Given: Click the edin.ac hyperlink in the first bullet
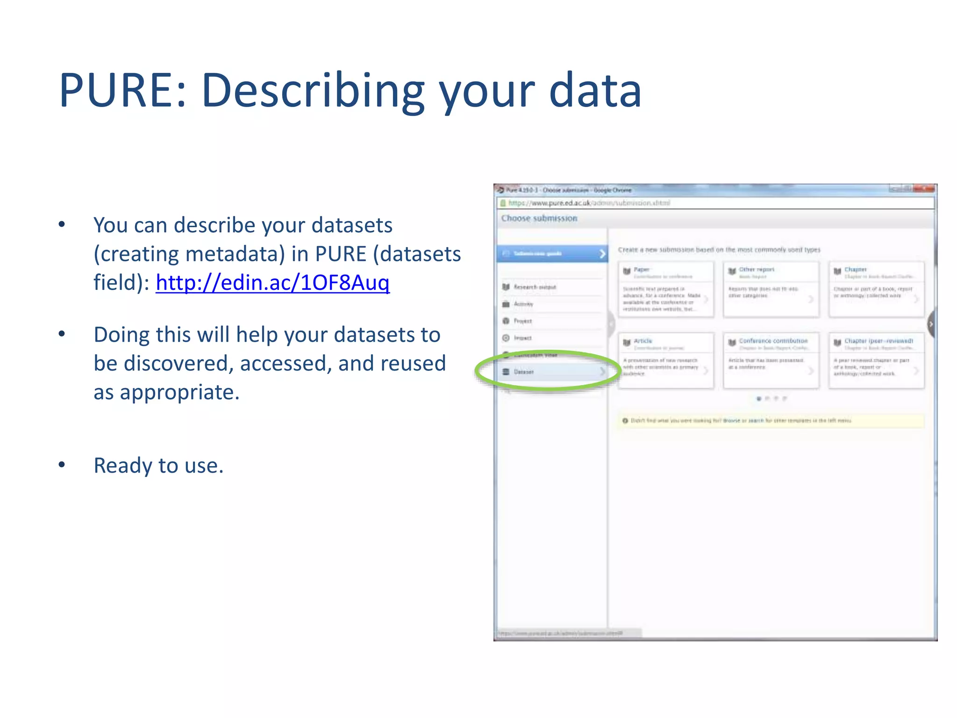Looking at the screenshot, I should tap(272, 282).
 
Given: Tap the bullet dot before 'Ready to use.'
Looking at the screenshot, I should tap(62, 465).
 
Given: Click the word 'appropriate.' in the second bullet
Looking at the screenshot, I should tap(180, 392).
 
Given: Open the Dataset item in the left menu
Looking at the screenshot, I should tap(524, 372).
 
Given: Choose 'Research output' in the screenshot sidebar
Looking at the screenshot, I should tap(535, 287).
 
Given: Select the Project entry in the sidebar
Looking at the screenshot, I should tap(523, 321).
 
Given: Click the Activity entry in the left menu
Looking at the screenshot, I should tap(523, 304).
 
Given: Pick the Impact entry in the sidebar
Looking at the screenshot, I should tap(522, 338).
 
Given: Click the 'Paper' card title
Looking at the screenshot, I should tap(642, 270).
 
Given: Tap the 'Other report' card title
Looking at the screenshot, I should tap(757, 270).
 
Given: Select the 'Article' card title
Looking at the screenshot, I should tap(643, 341).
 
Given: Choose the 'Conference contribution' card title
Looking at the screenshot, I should tap(773, 341).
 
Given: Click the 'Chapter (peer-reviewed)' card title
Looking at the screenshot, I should tap(878, 341).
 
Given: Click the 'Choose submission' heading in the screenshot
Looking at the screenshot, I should tap(539, 218).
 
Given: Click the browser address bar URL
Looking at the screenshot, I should tap(589, 203).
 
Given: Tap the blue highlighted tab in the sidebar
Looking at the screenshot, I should tap(552, 254).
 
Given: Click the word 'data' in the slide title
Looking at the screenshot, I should tap(595, 91).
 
